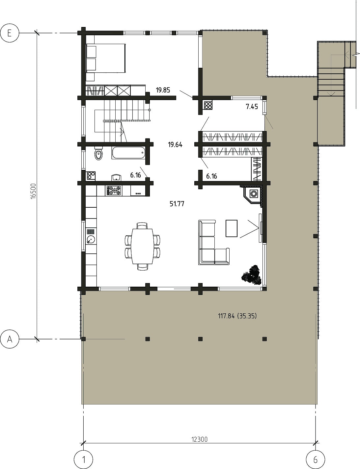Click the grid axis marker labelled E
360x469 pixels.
[10, 33]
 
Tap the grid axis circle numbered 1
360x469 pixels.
[83, 459]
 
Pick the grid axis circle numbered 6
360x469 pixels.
[316, 459]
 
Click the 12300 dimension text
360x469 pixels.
[199, 439]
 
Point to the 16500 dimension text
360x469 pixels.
[33, 191]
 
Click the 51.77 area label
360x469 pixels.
[177, 204]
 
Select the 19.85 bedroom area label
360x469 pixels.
[163, 90]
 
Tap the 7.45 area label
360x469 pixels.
[252, 106]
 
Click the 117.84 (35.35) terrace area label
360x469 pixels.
[237, 316]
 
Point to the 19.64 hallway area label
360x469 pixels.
[175, 144]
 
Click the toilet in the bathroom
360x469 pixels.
[99, 153]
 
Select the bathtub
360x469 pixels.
[128, 153]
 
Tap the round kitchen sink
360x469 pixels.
[91, 239]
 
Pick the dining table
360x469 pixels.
[143, 246]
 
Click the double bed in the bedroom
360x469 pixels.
[106, 58]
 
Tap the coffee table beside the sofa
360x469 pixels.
[232, 228]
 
